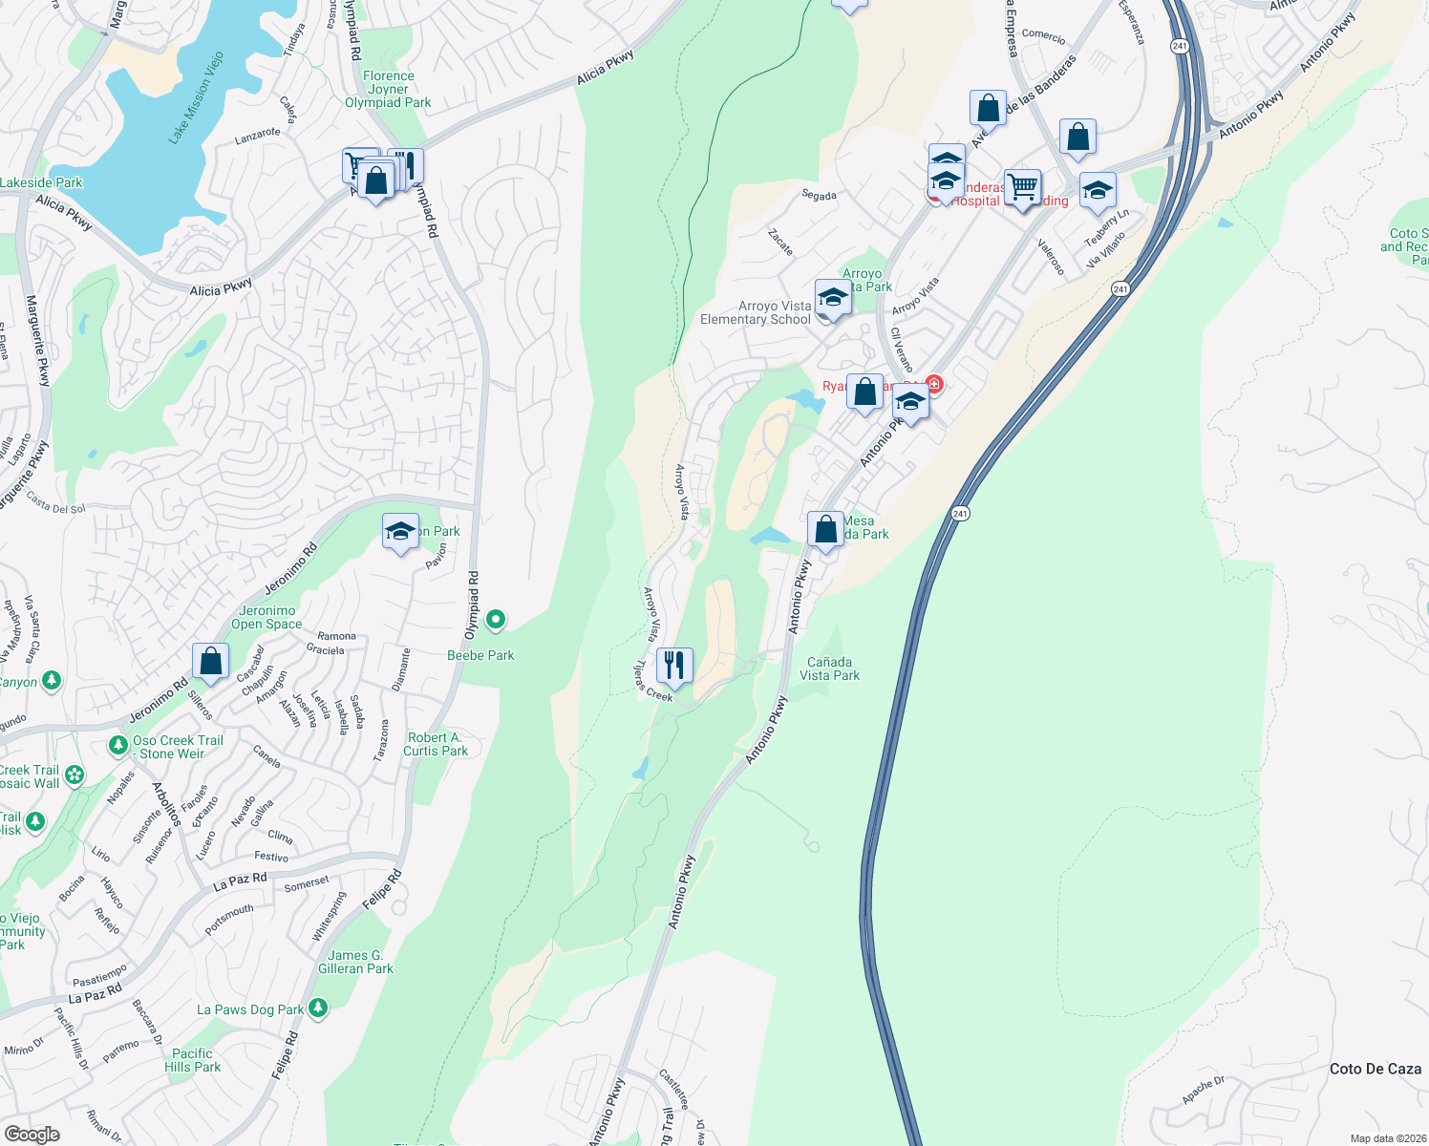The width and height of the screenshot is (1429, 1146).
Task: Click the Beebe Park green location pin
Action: coord(496,621)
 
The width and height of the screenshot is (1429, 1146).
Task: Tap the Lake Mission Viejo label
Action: coord(196,98)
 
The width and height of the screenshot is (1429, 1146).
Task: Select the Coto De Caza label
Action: coord(1376,1069)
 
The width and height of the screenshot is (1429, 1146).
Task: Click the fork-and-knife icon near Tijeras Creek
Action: coord(674,665)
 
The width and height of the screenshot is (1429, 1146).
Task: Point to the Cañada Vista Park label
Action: coord(829,668)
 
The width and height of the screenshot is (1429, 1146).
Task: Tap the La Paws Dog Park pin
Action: coord(318,1008)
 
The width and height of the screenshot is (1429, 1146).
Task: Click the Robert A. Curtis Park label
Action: coord(436,744)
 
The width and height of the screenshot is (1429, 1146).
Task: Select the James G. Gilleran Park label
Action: coord(355,962)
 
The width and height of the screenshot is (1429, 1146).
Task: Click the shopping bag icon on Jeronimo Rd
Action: coord(210,660)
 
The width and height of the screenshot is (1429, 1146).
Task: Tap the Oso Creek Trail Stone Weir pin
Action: coord(117,744)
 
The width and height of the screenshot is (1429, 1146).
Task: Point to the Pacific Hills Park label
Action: coord(192,1060)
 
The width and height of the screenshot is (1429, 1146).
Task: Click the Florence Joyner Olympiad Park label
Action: coord(388,89)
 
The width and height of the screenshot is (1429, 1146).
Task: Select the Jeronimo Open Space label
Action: coord(267,617)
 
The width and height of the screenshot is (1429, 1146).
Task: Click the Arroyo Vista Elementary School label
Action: coord(756,312)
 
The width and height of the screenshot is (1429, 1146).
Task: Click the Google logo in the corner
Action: coord(32,1134)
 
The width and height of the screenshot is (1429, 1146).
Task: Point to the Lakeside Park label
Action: coord(41,182)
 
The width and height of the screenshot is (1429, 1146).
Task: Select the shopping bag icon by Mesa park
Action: coord(825,528)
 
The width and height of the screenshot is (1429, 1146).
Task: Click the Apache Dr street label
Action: coord(1204,1090)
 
